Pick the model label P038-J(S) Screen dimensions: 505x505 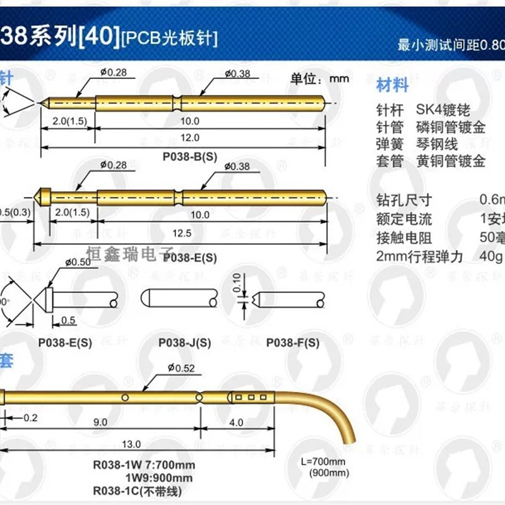184,343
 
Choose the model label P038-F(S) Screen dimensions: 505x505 292,343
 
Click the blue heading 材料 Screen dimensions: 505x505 392,85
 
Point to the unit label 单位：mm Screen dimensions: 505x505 320,79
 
